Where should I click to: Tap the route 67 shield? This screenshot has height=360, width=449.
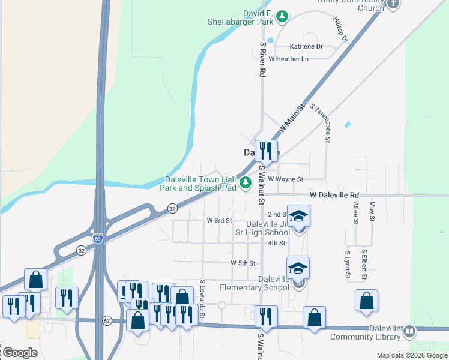pos(107,320)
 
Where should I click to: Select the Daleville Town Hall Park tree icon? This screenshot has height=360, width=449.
pos(245,182)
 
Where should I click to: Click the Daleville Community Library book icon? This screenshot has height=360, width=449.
pos(409,331)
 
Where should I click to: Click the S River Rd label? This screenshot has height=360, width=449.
pos(262,59)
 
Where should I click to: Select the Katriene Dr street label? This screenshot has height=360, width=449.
pos(306,46)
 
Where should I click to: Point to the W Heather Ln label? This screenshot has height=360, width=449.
pos(289,59)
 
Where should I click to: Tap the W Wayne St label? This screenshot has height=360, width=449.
pos(286,179)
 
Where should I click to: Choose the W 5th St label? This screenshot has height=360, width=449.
pos(244,263)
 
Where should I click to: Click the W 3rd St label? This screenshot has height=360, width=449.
pos(219,221)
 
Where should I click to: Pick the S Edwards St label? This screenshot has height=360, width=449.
pos(203,299)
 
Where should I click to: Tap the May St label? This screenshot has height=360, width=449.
pos(372,212)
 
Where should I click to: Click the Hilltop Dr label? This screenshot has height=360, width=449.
pos(340,29)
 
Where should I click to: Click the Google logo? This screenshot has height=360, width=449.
pos(20,353)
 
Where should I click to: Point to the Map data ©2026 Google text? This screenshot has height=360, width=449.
pos(411,355)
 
